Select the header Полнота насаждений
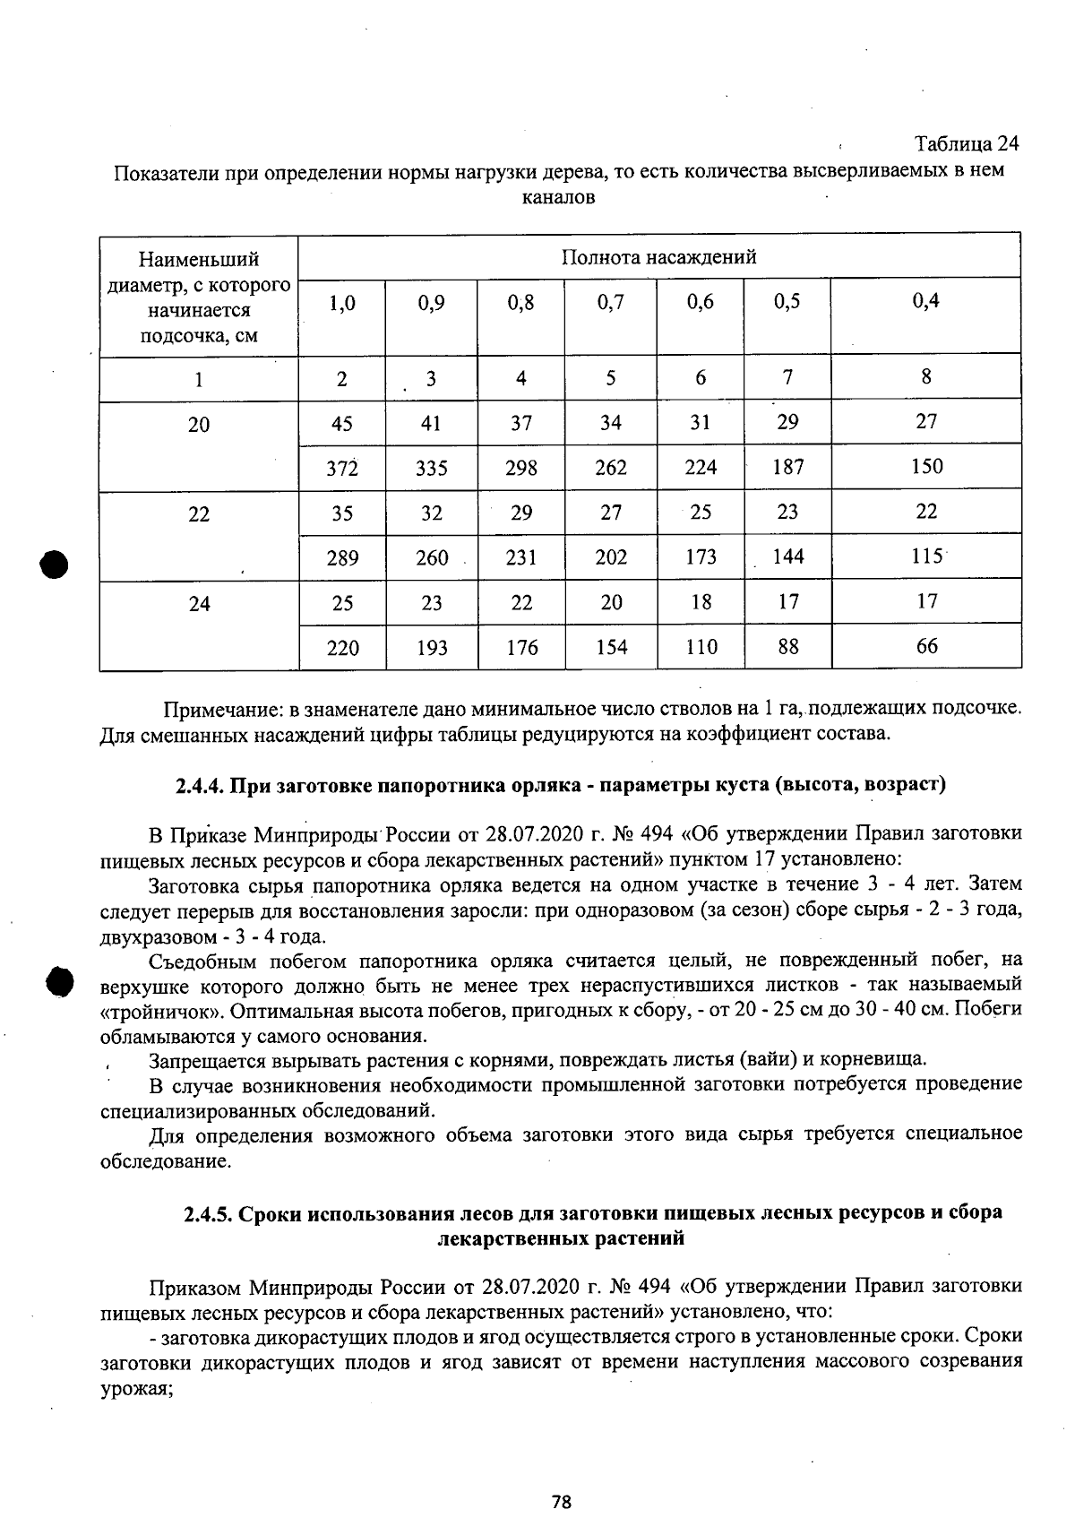coord(658,258)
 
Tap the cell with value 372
coord(342,468)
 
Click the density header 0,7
coord(610,303)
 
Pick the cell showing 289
coord(342,558)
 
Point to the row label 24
coord(199,604)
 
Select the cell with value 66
coord(926,646)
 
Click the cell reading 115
coord(926,556)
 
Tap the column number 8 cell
coord(926,376)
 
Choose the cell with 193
coord(432,648)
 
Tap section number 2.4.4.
coord(200,786)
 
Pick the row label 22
coord(199,514)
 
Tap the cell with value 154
coord(610,648)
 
